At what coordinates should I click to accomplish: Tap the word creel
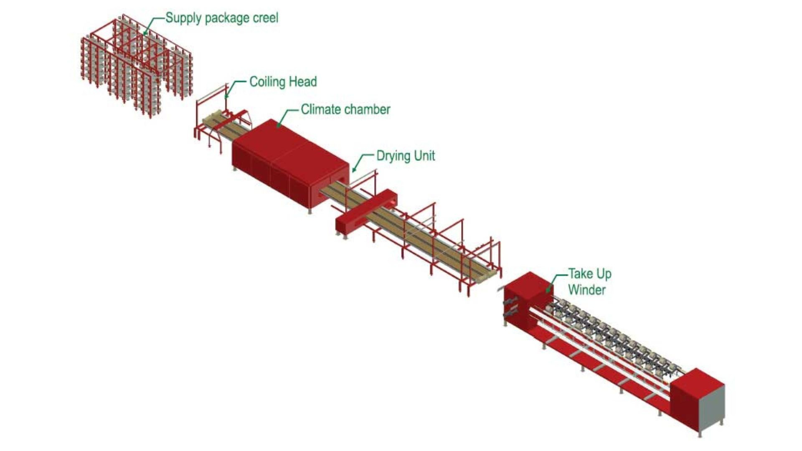tap(266, 18)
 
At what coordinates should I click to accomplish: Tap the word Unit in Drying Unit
tap(425, 156)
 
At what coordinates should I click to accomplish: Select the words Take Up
tap(590, 274)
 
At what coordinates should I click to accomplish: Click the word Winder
tap(586, 290)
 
